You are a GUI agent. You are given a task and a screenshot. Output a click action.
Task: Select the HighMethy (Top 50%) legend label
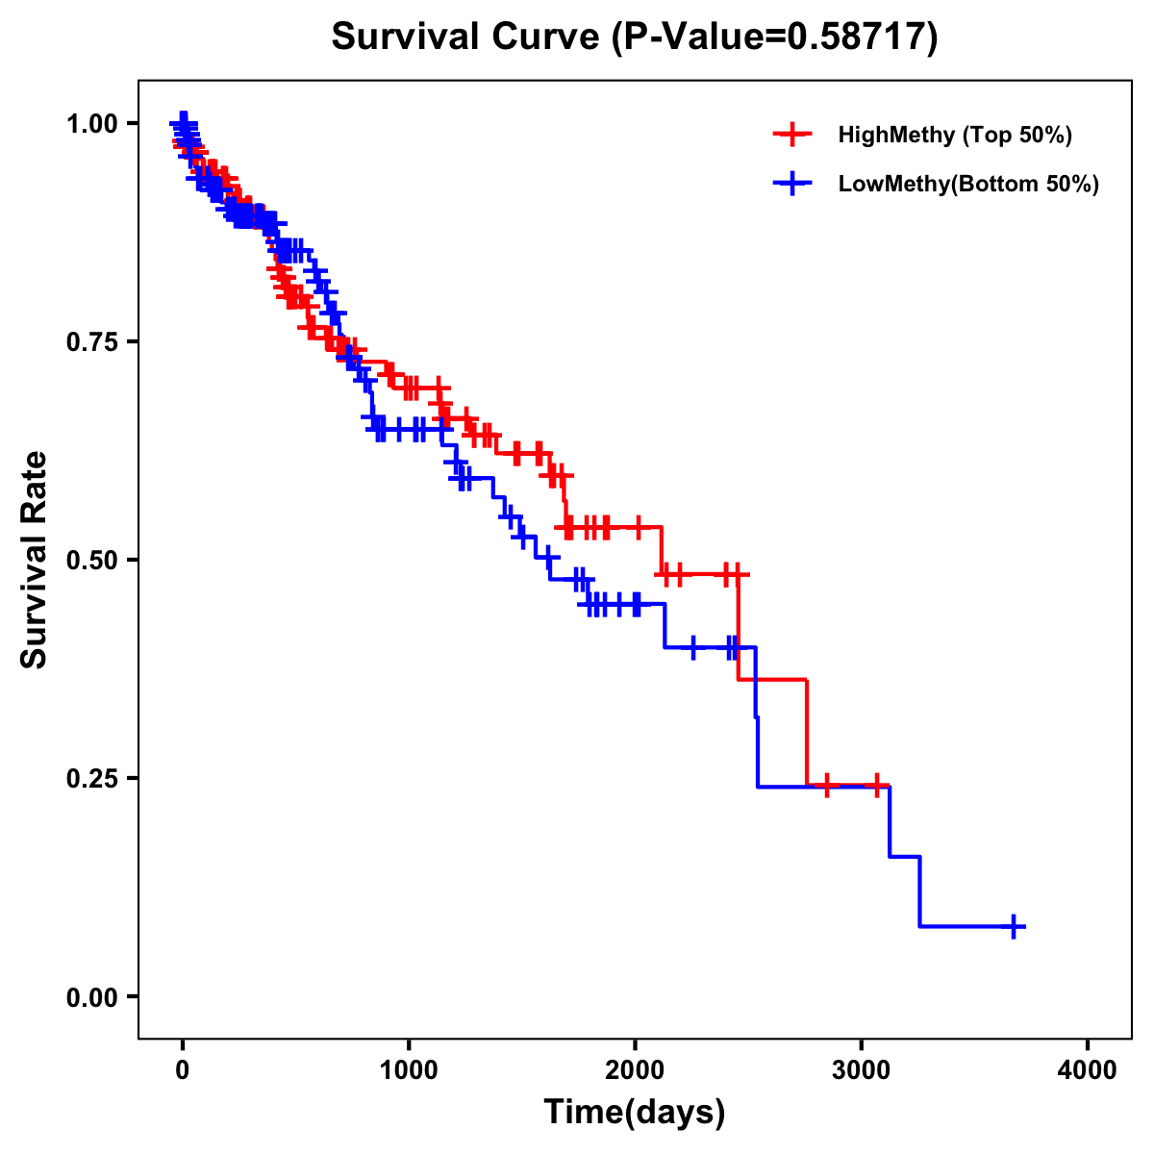pos(954,135)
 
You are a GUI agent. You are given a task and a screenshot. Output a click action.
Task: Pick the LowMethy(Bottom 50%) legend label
pos(968,184)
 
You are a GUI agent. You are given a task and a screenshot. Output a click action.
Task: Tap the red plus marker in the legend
pos(792,135)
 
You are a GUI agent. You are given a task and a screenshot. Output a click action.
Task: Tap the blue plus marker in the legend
pos(792,184)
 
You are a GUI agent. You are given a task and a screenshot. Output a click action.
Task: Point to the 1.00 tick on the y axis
pos(92,124)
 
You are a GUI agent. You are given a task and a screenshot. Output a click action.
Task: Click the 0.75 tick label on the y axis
pos(92,342)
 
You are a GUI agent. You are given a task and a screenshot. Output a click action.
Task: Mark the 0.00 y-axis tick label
pos(92,997)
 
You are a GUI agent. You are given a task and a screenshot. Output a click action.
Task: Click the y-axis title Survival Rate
pos(35,559)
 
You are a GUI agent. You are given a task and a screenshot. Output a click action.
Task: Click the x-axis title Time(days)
pos(635,1113)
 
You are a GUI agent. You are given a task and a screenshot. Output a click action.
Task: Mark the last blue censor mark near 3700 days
pos(1014,926)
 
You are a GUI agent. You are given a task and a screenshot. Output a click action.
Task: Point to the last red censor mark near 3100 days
pos(876,786)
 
